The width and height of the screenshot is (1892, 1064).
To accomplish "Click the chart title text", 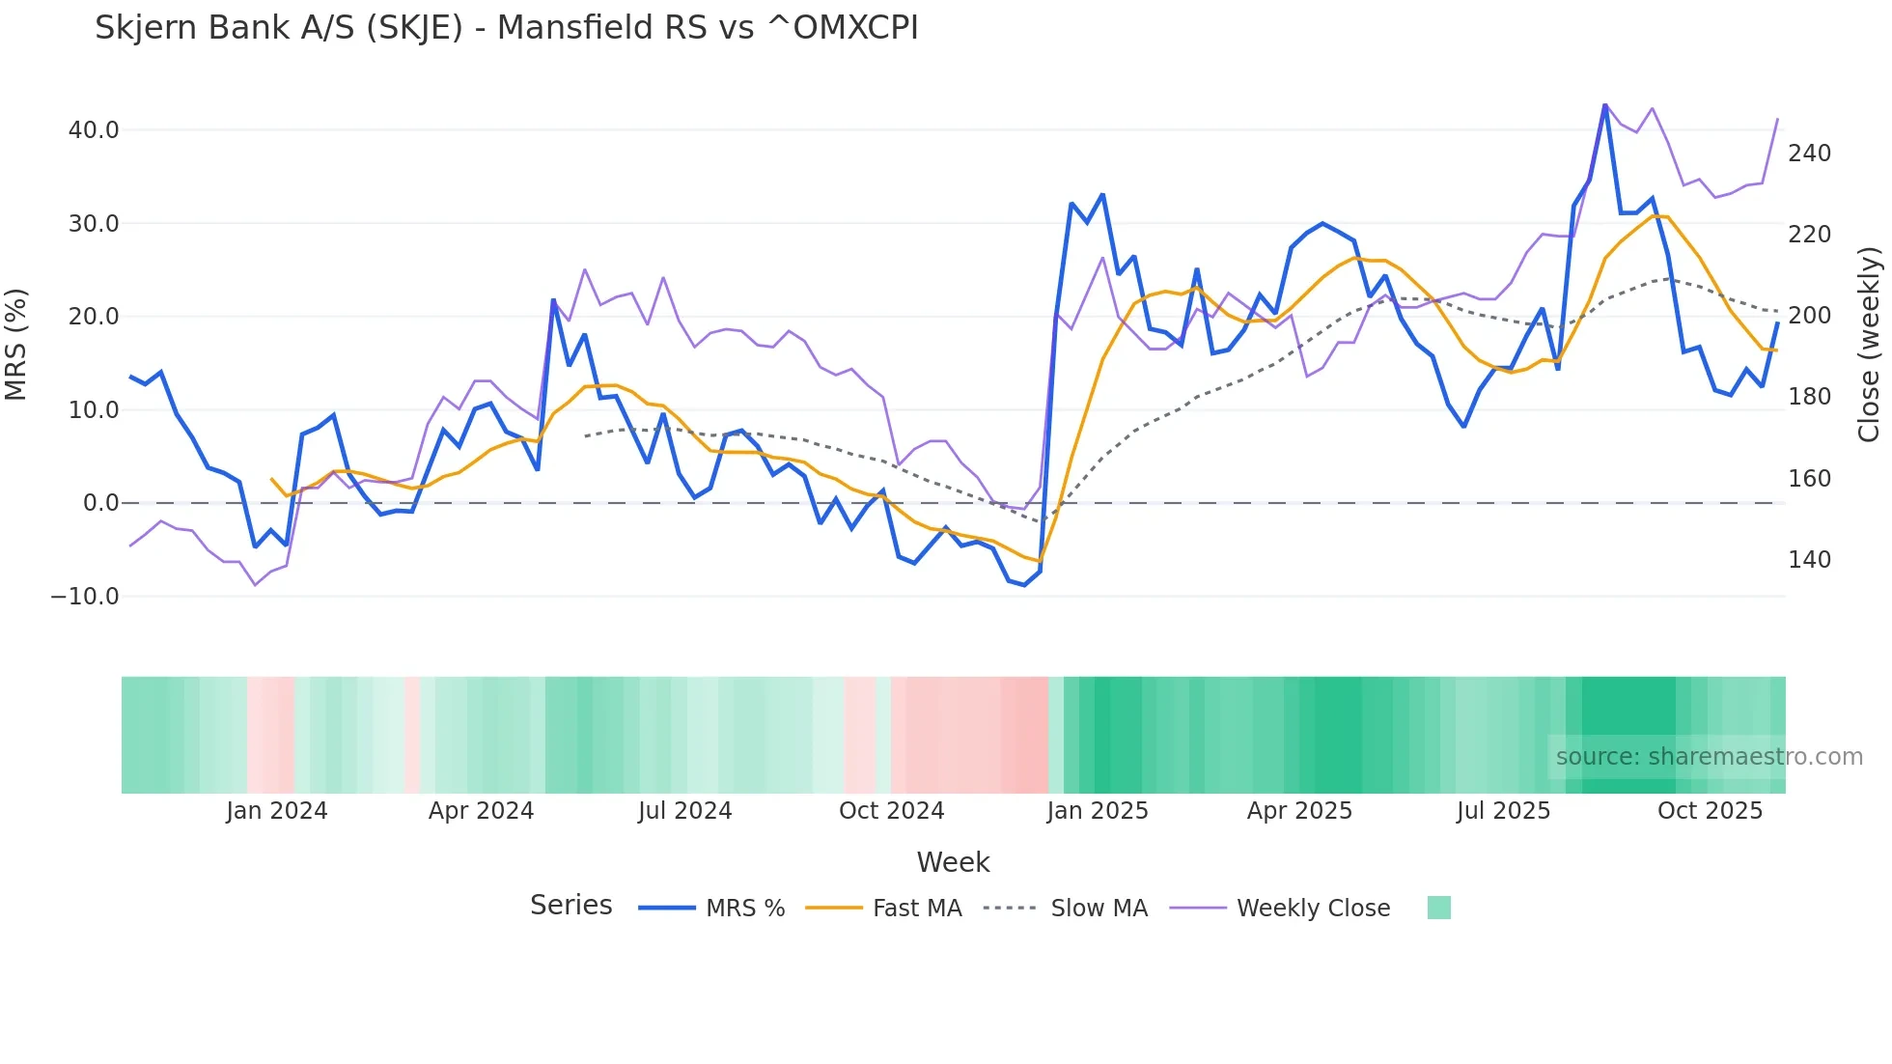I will [506, 28].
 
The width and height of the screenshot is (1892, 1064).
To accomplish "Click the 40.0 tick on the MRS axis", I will [94, 130].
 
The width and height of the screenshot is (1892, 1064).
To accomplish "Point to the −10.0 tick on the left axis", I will [85, 597].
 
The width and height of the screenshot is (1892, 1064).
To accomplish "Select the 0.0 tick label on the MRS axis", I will [100, 503].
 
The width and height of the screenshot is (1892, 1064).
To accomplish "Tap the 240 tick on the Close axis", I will [1809, 154].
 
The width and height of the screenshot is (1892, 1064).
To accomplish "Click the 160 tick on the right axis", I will [1809, 479].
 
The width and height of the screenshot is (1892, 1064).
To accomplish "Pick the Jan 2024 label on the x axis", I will [277, 811].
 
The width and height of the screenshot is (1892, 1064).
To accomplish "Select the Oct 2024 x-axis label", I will [891, 811].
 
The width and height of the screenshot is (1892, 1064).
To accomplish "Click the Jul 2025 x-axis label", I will [1503, 811].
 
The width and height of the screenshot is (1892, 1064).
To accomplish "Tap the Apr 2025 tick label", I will [1299, 811].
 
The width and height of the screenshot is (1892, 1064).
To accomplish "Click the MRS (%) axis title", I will [16, 344].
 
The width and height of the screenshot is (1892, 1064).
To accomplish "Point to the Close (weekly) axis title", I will [1870, 344].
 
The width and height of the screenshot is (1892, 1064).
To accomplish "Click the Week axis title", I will [953, 862].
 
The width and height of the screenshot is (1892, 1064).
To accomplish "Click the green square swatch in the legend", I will [1438, 908].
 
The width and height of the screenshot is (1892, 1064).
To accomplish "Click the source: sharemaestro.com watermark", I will [1709, 757].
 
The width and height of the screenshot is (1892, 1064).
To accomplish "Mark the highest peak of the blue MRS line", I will [1605, 105].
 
